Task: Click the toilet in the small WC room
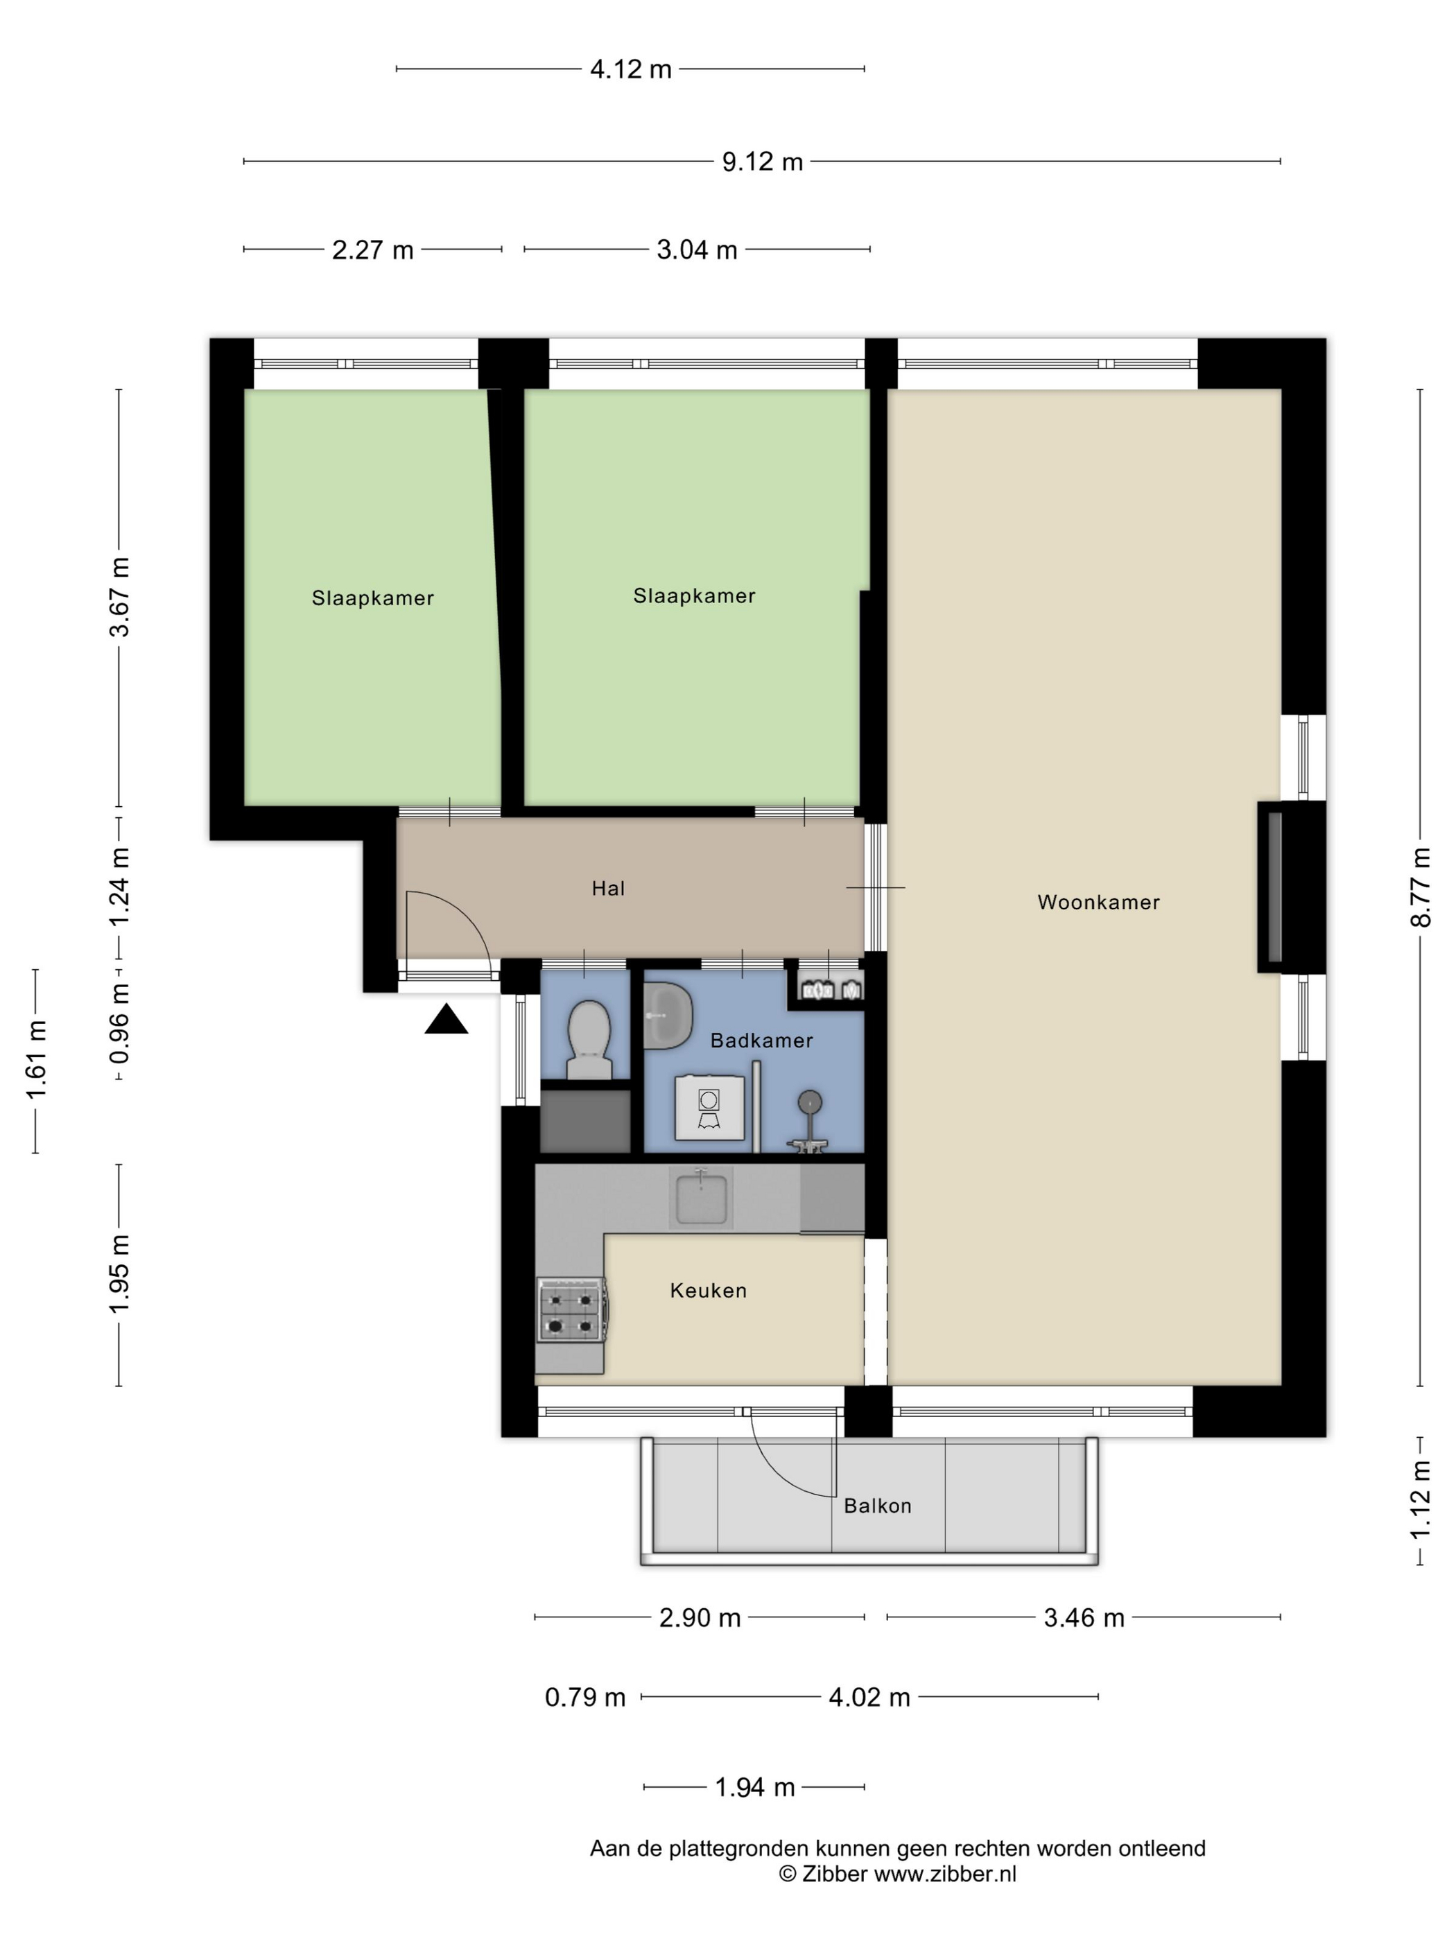[588, 1039]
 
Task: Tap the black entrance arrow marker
[446, 1020]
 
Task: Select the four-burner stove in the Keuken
[571, 1310]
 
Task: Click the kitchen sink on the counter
[701, 1198]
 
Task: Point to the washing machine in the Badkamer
[709, 1107]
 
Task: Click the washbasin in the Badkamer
[667, 1016]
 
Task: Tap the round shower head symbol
[809, 1102]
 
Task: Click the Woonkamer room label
[1098, 902]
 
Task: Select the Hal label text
[608, 888]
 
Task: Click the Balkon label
[878, 1506]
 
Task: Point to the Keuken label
[709, 1291]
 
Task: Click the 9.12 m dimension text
[762, 162]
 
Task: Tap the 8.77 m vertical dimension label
[1421, 887]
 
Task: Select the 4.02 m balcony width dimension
[869, 1698]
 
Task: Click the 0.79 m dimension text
[585, 1698]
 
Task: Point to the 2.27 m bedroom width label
[372, 250]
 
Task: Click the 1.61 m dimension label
[36, 1060]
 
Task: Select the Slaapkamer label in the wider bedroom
[694, 595]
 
